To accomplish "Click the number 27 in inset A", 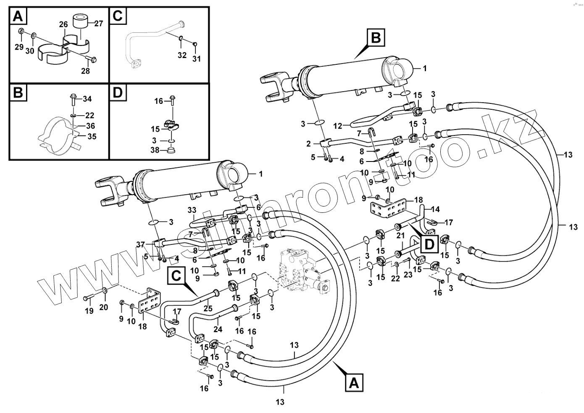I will tap(98, 24).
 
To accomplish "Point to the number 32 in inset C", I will tap(182, 55).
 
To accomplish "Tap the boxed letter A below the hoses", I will tap(354, 383).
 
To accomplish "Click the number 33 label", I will tap(192, 209).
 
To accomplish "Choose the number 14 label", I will tap(435, 209).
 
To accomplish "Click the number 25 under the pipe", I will tap(208, 308).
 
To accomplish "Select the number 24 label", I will tap(218, 329).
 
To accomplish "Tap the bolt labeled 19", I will tap(88, 298).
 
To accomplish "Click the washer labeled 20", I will tap(104, 291).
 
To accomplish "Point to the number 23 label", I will tap(408, 275).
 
